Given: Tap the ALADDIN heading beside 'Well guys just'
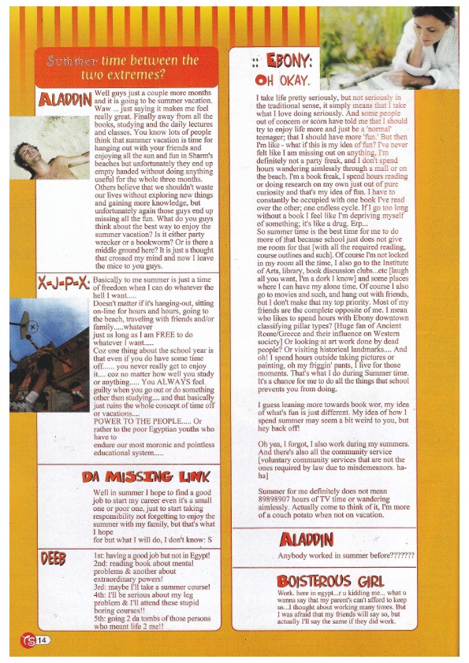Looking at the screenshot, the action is [65, 98].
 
